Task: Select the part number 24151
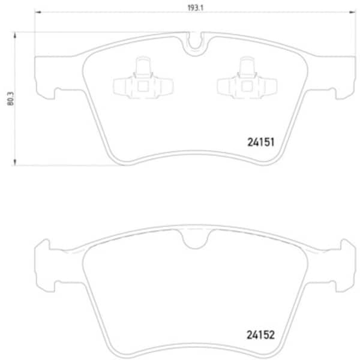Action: coord(260,143)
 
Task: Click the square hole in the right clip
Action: coord(246,86)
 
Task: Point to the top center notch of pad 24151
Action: coord(194,43)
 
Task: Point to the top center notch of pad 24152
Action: coord(194,240)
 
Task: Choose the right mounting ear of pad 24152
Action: coord(343,258)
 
